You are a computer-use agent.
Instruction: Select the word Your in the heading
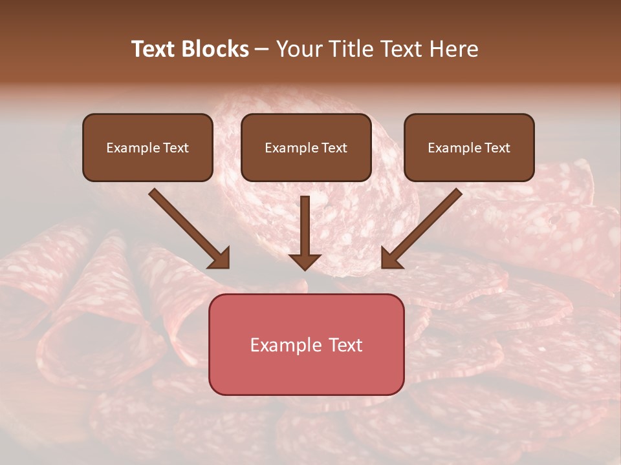coord(300,49)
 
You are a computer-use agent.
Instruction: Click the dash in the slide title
coord(262,50)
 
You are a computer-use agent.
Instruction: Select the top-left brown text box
coord(147,148)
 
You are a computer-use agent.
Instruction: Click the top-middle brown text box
coord(306,148)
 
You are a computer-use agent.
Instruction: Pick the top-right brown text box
coord(469,148)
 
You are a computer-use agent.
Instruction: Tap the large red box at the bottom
coord(306,344)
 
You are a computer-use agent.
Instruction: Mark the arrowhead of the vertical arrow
coord(305,261)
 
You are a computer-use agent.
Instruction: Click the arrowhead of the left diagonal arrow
coord(220,258)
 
